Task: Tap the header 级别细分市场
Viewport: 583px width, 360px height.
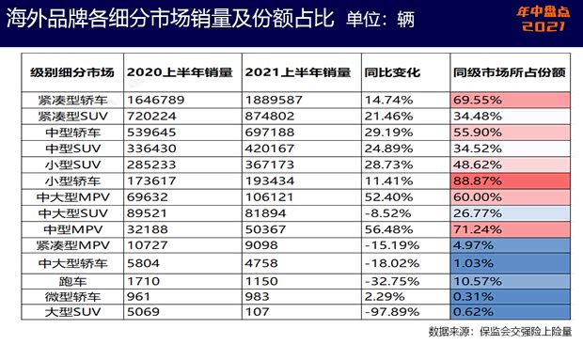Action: point(72,71)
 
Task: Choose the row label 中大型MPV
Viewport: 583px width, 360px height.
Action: point(72,197)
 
